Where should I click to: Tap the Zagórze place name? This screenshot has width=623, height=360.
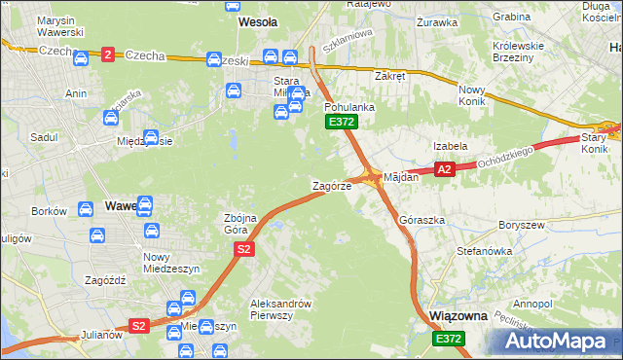point(331,186)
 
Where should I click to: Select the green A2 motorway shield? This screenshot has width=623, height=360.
point(445,169)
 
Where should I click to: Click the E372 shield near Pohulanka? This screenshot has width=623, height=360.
point(342,122)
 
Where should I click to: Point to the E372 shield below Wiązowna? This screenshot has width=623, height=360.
point(449,338)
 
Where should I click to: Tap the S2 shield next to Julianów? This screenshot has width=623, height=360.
point(139,326)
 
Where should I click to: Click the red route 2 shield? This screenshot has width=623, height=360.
point(108,54)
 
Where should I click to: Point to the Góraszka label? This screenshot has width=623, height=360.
point(421,220)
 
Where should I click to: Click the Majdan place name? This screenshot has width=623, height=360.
point(400,178)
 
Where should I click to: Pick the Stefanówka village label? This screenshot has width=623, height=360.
point(484,250)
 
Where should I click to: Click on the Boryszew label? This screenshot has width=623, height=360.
point(519,224)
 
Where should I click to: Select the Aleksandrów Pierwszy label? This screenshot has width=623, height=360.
point(280,308)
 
